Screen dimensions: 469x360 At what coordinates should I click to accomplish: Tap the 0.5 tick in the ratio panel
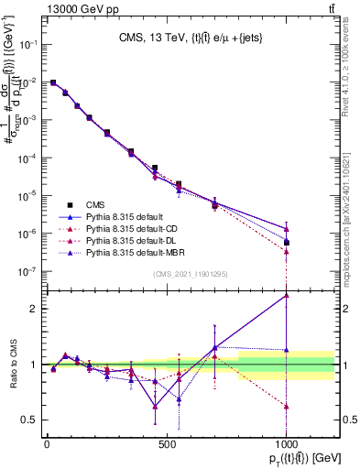[30, 420]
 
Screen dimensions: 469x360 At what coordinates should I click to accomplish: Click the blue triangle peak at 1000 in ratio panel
[287, 295]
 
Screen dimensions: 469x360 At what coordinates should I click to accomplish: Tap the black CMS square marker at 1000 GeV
[287, 243]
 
